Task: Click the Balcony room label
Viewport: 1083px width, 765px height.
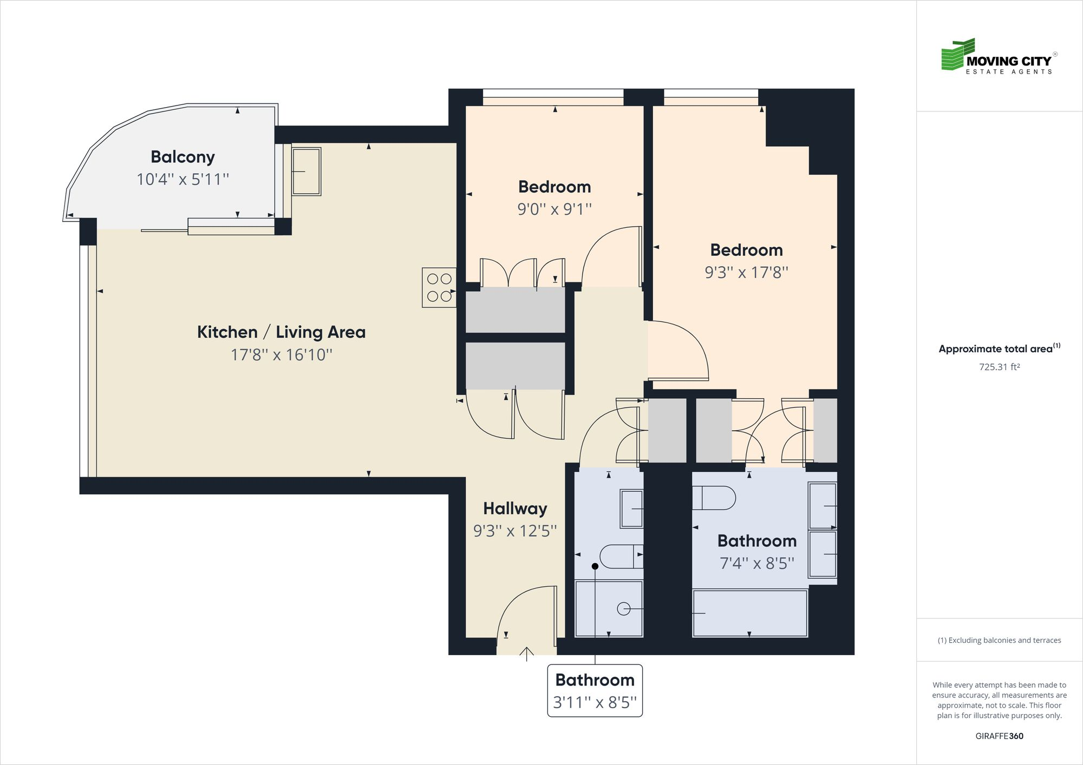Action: (182, 157)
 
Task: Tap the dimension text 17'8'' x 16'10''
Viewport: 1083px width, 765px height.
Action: (281, 355)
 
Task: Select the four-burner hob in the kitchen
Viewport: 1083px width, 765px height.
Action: (439, 288)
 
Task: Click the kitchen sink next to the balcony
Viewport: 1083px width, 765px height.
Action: (306, 172)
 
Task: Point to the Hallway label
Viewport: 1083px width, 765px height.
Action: (515, 509)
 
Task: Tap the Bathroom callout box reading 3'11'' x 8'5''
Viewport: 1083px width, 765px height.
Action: (595, 691)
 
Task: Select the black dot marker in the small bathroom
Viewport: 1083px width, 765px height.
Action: (595, 566)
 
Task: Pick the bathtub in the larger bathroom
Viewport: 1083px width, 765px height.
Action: (750, 613)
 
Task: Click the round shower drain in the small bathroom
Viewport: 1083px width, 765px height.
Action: (623, 609)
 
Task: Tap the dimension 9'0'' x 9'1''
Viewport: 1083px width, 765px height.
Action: (554, 209)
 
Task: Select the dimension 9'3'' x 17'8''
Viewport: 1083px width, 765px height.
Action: (746, 272)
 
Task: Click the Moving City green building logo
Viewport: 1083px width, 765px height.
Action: (958, 55)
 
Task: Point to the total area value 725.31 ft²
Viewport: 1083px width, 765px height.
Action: (999, 367)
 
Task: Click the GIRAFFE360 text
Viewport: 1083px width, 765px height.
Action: (999, 736)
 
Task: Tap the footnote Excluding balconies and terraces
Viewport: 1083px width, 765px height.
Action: (999, 640)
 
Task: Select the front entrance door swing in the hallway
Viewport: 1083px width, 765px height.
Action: (526, 614)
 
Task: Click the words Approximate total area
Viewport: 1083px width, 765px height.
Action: (995, 349)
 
